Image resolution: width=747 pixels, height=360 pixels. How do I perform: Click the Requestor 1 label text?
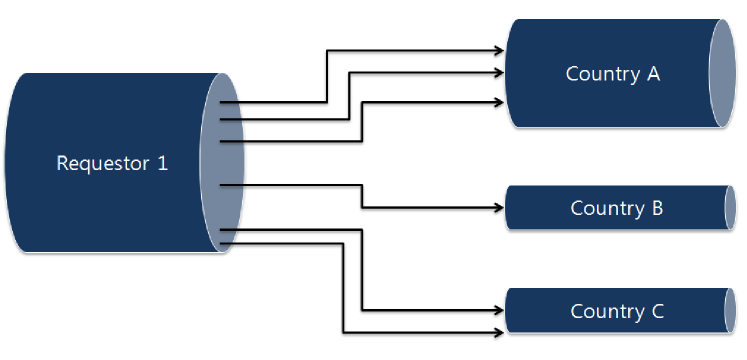click(112, 163)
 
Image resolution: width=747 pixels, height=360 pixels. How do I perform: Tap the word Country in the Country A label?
click(597, 73)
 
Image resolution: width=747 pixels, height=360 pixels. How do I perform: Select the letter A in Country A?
click(653, 73)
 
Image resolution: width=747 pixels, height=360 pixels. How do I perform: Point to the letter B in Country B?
click(656, 208)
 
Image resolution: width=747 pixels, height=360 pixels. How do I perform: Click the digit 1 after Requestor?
click(163, 163)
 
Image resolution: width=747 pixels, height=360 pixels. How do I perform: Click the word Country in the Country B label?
click(603, 208)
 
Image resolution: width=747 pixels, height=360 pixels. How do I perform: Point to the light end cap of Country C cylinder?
click(729, 310)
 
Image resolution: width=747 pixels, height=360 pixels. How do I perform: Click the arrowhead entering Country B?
click(500, 208)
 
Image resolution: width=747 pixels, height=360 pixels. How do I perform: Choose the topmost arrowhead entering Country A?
click(500, 48)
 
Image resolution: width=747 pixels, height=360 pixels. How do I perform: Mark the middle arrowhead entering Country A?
click(500, 72)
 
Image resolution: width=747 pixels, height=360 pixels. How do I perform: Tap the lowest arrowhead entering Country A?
click(500, 100)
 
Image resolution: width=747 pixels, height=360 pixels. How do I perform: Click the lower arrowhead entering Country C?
click(500, 331)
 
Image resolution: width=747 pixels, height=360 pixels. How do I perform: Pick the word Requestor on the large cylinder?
click(99, 163)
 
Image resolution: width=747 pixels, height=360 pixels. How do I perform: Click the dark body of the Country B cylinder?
click(540, 208)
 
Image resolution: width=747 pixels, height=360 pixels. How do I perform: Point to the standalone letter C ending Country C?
click(657, 311)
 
